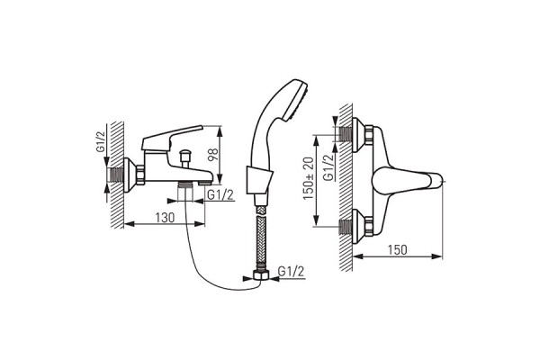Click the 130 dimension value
point(165,218)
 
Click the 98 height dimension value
point(213,155)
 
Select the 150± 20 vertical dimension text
point(309,178)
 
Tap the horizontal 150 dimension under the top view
point(398,250)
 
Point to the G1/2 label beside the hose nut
point(291,272)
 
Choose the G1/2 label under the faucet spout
point(220,195)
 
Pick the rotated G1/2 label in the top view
point(328,167)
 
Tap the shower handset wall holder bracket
point(260,181)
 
